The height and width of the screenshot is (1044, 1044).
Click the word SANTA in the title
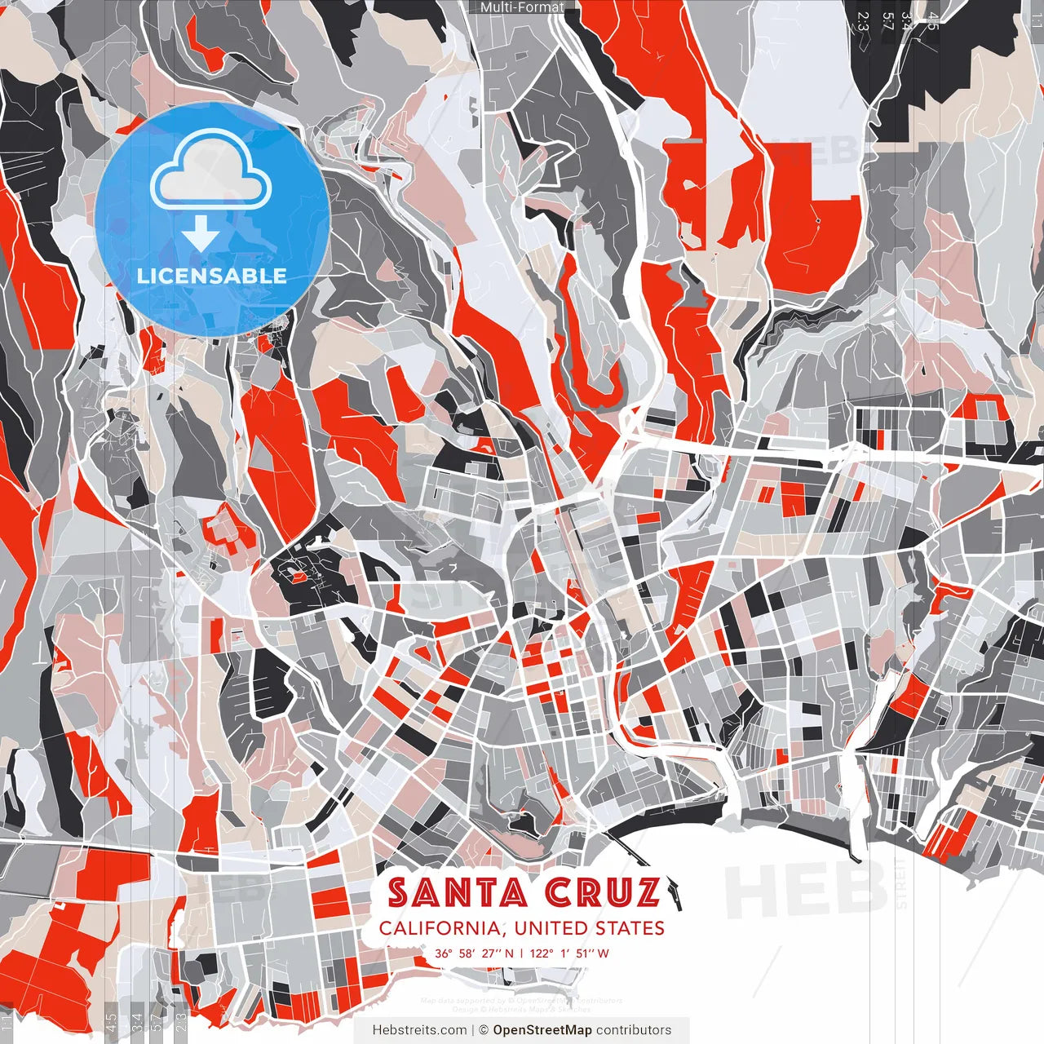457,893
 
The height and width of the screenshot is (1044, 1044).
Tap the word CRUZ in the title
602,893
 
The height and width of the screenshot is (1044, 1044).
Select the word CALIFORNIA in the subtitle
440,928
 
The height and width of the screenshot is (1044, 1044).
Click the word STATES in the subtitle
628,928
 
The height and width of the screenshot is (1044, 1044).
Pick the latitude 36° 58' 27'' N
475,953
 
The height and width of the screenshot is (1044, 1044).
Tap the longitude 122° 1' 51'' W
569,953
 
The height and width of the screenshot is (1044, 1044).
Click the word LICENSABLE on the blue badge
212,276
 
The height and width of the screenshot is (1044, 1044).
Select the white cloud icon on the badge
211,170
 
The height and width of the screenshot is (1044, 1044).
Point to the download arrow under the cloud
201,235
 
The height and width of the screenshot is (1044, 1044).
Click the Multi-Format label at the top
522,7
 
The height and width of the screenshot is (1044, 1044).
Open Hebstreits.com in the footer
419,1030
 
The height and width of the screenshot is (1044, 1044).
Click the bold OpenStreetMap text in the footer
542,1030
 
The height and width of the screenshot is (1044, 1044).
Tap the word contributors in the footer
634,1030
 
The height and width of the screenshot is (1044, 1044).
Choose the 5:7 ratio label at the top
888,21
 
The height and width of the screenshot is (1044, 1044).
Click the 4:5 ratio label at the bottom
111,1023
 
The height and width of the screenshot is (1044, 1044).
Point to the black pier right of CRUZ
673,891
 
